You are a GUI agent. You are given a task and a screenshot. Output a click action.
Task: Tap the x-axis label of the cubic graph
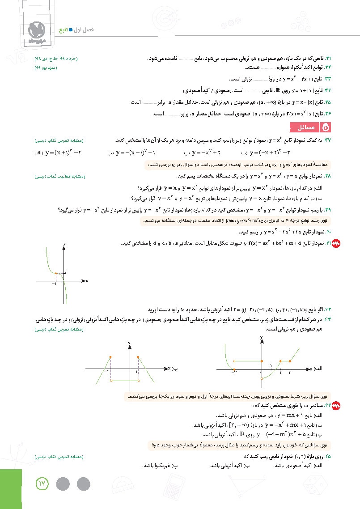86,280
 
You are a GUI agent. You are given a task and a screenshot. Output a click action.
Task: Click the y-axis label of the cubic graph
65,243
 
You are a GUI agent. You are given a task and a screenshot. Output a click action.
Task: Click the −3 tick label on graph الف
233,373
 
